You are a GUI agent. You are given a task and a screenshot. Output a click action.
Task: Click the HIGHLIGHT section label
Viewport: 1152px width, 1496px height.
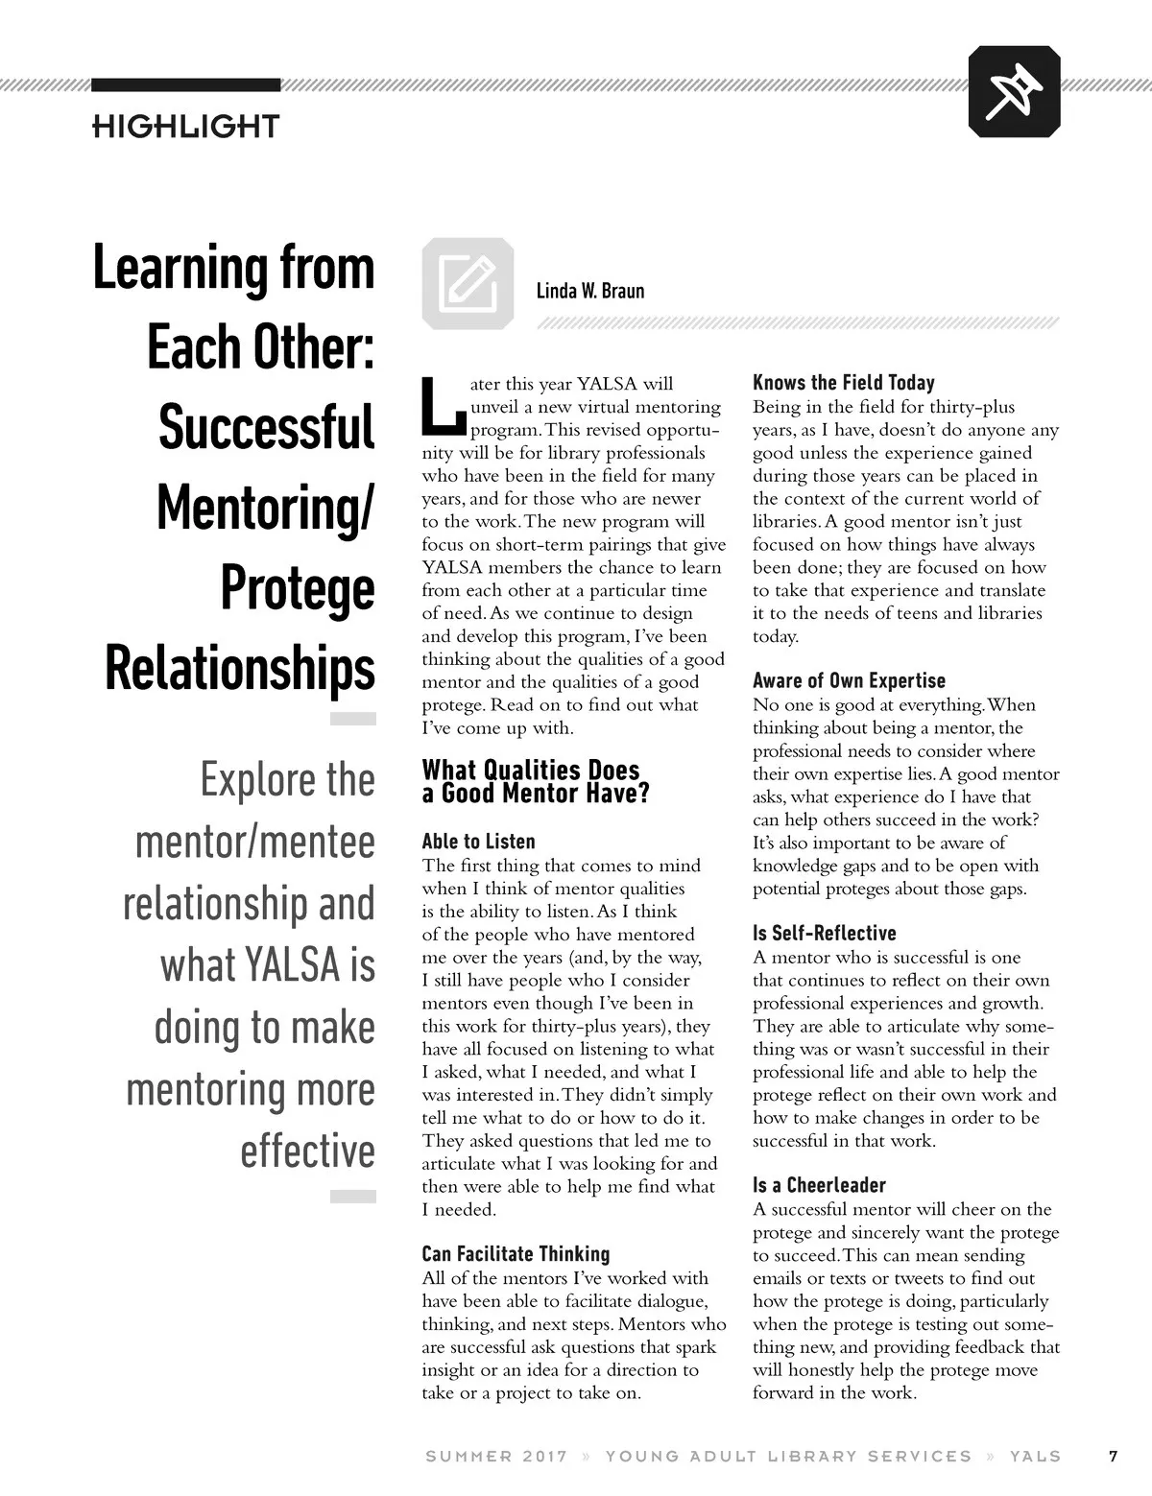tap(185, 126)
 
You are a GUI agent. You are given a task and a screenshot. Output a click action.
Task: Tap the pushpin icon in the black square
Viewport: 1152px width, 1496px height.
tap(1014, 92)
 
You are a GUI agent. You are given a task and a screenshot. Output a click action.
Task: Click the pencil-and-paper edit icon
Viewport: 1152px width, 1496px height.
tap(468, 284)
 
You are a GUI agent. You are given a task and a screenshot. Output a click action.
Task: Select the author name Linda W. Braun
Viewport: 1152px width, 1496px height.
tap(590, 291)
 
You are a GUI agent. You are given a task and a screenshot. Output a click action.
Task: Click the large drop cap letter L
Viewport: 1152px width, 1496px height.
tap(444, 406)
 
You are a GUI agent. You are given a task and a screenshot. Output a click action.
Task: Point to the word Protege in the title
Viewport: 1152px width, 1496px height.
tap(298, 588)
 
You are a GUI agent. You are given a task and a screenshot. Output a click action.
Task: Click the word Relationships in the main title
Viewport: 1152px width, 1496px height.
tap(240, 668)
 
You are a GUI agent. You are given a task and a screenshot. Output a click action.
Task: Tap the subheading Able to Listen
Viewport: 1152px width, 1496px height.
tap(478, 842)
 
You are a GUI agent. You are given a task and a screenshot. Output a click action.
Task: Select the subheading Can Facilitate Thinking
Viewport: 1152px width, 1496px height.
tap(516, 1254)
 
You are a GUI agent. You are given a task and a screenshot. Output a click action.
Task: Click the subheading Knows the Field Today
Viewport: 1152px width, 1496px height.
tap(843, 383)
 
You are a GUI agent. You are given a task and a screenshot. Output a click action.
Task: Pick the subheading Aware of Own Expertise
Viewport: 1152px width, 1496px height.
tap(849, 680)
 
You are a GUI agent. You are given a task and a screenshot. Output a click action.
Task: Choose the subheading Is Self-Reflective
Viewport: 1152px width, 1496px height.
tap(824, 933)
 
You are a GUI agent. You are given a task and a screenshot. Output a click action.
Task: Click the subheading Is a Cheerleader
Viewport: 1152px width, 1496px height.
tap(819, 1185)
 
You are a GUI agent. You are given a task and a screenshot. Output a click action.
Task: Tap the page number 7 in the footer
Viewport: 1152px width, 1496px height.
tap(1113, 1456)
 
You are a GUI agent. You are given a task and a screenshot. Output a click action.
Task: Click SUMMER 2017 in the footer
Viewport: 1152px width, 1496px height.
tap(496, 1456)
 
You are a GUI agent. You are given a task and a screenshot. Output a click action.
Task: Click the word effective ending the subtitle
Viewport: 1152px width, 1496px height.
tap(307, 1151)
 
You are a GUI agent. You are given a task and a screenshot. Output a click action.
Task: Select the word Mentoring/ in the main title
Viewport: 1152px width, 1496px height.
tap(265, 508)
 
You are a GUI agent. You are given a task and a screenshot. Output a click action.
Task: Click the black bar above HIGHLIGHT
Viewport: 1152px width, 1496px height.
tap(185, 85)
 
